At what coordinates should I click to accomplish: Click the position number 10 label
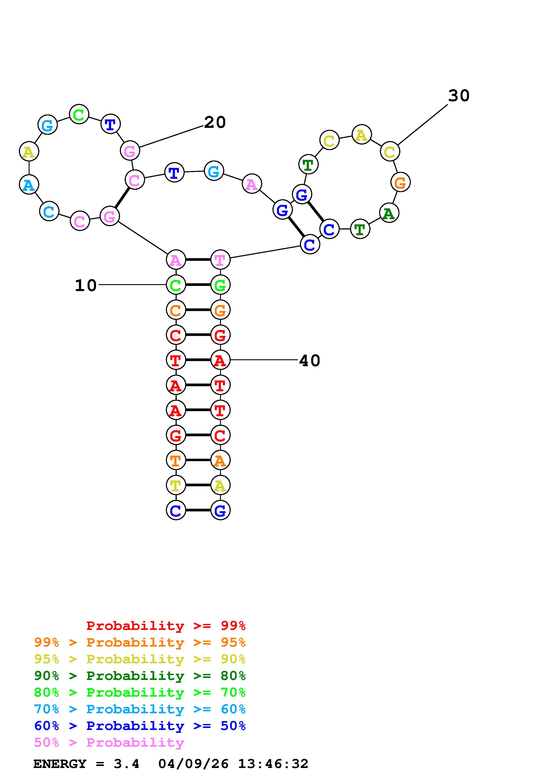click(86, 285)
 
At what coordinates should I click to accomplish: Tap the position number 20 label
click(214, 122)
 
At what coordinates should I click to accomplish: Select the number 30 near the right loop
click(459, 96)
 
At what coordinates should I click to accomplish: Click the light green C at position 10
click(176, 285)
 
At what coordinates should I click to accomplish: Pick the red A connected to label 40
click(220, 360)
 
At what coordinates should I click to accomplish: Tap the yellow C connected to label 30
click(390, 151)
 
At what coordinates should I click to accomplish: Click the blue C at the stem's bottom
click(176, 510)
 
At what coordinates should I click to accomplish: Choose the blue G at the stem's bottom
click(220, 510)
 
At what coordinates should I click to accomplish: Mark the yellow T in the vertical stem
click(176, 485)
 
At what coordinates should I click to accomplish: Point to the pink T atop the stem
click(220, 260)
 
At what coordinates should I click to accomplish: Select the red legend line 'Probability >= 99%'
click(166, 625)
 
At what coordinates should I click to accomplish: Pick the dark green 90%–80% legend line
click(140, 676)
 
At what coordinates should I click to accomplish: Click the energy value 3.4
click(126, 764)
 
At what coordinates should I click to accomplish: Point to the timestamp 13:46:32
click(273, 764)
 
